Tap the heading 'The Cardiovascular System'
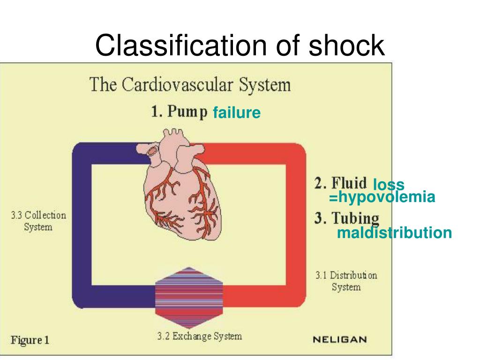[190, 85]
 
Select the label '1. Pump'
[179, 112]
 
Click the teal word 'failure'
[236, 113]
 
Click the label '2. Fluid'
[340, 183]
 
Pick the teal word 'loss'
[389, 185]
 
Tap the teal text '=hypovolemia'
[382, 197]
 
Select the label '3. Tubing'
[347, 218]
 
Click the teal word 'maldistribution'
[394, 232]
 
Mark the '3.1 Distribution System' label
[346, 281]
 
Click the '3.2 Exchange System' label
[199, 336]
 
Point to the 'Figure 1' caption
[30, 340]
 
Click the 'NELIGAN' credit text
[340, 339]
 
